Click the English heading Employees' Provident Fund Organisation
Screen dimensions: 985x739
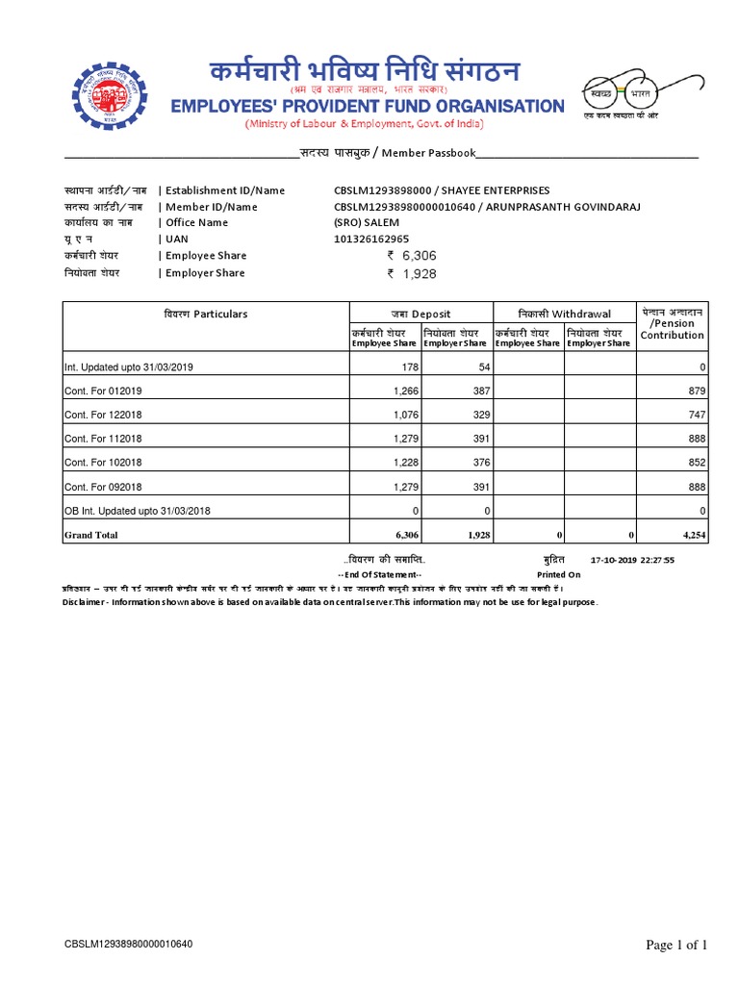coord(368,105)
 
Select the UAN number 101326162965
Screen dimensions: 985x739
coord(370,239)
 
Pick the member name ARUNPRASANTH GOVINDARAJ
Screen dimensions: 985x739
coord(562,207)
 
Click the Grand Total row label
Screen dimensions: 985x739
coord(90,535)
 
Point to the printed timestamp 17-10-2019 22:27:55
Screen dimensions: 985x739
coord(633,559)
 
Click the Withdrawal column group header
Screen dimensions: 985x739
coord(564,314)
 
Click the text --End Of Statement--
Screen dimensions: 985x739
coord(384,574)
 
